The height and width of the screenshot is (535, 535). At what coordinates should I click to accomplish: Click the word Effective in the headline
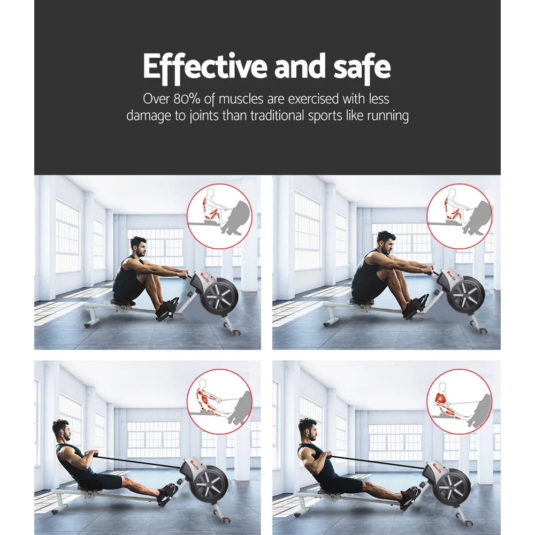[x=205, y=67]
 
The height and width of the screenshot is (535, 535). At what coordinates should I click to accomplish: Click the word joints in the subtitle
[x=196, y=116]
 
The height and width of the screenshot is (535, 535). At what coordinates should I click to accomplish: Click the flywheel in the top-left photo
[x=219, y=297]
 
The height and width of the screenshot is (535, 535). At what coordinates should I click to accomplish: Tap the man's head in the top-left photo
[x=139, y=247]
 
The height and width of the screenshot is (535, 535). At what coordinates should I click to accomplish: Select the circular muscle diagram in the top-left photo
[x=219, y=216]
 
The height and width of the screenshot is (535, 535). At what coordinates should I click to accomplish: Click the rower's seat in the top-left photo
[x=123, y=303]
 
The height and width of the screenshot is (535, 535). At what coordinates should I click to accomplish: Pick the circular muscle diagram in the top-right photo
[x=459, y=216]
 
